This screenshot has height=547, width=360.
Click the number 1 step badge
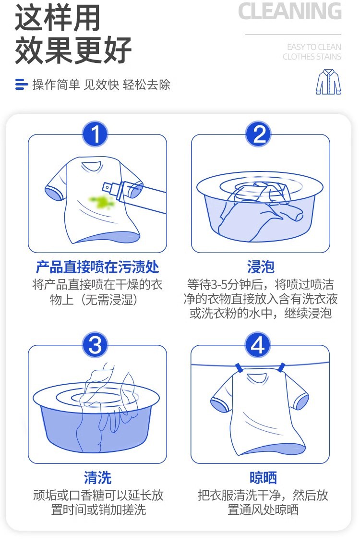coord(95,134)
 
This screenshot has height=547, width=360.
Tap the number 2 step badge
coord(259,134)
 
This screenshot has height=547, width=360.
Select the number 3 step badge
coord(95,345)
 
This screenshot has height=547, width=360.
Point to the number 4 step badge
coord(259,345)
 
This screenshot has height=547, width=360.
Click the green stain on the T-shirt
coord(101,201)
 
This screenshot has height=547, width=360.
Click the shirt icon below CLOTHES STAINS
coord(328,82)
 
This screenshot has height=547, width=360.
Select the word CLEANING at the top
coord(290,12)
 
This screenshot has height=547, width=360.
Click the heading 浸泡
coord(261,267)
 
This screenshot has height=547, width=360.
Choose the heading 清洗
coord(97,477)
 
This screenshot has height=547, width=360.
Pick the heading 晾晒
coord(263,477)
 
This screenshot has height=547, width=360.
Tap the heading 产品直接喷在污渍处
coord(97,267)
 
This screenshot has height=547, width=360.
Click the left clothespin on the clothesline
coord(239,368)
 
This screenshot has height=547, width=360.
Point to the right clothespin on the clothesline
coord(281,367)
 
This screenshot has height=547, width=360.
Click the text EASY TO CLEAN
coord(314,47)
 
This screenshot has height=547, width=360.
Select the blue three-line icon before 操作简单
coord(21,85)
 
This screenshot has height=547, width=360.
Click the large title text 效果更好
coord(73,50)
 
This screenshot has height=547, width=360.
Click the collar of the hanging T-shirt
coord(257,377)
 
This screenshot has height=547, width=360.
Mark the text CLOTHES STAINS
coord(312,57)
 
